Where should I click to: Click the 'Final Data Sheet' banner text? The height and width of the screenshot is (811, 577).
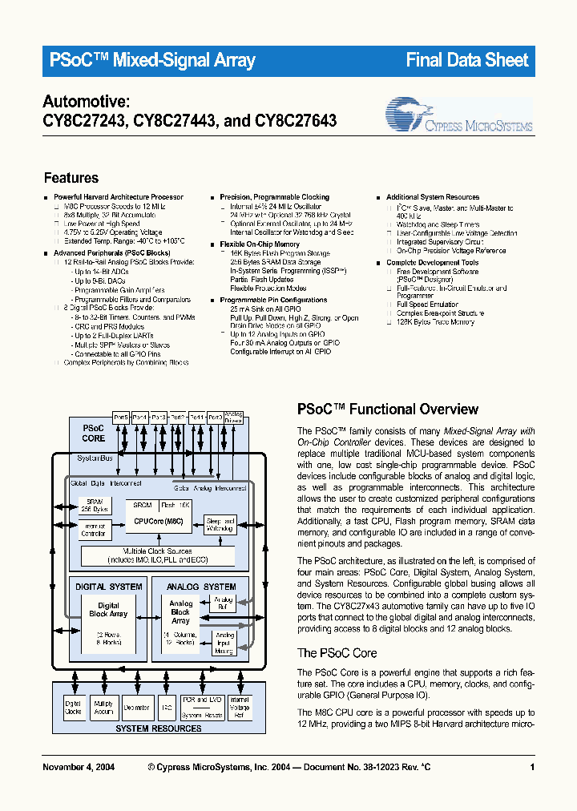467,60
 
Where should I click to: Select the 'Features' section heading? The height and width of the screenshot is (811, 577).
71,178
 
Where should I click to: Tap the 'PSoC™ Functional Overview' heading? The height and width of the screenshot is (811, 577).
387,410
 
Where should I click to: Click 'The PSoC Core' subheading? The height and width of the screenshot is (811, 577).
337,653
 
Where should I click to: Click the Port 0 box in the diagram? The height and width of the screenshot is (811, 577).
216,418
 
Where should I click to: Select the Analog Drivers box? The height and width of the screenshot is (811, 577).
234,418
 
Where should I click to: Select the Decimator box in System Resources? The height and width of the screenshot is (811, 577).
136,708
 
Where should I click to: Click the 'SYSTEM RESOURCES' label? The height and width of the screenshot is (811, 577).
159,728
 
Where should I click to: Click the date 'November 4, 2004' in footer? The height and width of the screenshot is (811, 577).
78,768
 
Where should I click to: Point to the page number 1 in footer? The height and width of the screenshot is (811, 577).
531,768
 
